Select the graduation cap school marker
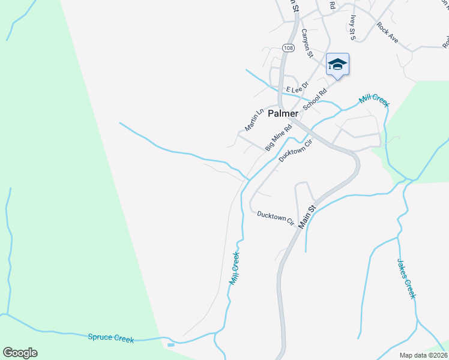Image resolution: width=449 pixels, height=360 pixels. click(337, 65)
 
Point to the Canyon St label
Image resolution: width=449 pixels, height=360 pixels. click(308, 43)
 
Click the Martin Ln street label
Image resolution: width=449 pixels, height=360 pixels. click(255, 120)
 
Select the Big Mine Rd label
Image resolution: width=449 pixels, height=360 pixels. click(279, 137)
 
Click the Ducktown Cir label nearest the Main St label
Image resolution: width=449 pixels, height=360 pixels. click(276, 217)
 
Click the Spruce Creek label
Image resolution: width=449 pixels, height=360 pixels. click(111, 338)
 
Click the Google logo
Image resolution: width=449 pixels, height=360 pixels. click(20, 353)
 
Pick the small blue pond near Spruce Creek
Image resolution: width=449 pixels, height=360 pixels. click(171, 345)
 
